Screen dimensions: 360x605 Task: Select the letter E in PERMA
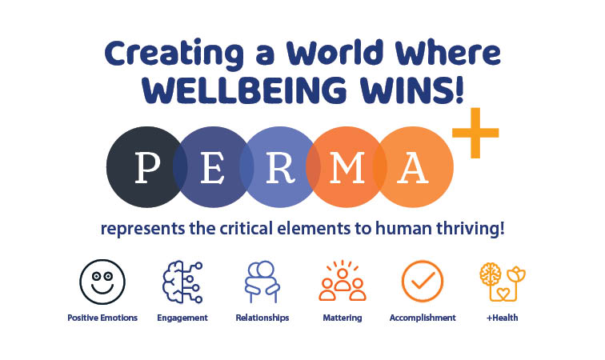pyautogui.click(x=212, y=167)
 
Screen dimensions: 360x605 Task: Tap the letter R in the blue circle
pyautogui.click(x=277, y=167)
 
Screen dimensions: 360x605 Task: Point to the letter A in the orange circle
pyautogui.click(x=414, y=167)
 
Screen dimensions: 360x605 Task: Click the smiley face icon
pyautogui.click(x=102, y=282)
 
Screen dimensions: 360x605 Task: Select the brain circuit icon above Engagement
pyautogui.click(x=182, y=282)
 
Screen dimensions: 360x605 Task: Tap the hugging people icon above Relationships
pyautogui.click(x=262, y=282)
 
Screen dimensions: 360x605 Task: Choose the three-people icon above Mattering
pyautogui.click(x=343, y=282)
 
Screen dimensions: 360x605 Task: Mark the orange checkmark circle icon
pyautogui.click(x=422, y=282)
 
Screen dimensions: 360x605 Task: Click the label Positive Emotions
pyautogui.click(x=102, y=318)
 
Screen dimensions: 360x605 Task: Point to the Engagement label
pyautogui.click(x=182, y=318)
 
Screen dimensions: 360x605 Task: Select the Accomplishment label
pyautogui.click(x=423, y=318)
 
